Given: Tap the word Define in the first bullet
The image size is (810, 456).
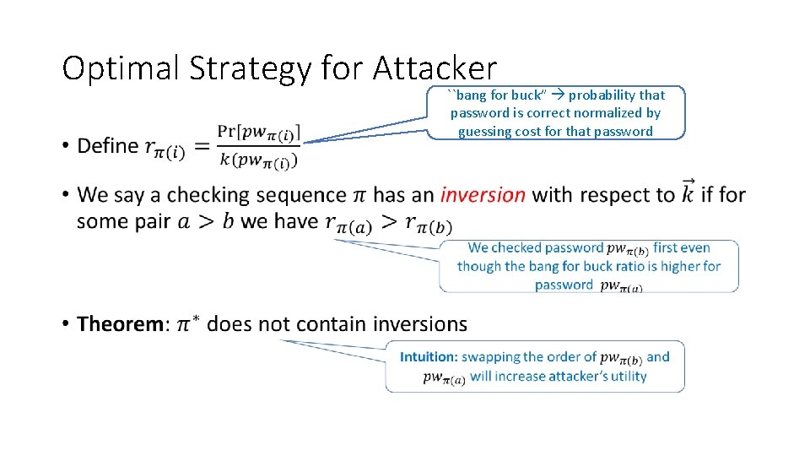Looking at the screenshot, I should pyautogui.click(x=108, y=146).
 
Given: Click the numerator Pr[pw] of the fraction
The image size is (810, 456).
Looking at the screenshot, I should pyautogui.click(x=258, y=132).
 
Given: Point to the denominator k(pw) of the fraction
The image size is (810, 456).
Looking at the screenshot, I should pyautogui.click(x=258, y=160).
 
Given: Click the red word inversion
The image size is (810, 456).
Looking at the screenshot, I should pyautogui.click(x=483, y=195).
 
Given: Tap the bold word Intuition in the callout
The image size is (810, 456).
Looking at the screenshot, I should pyautogui.click(x=429, y=357).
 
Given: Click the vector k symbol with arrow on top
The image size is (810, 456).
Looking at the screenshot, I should pyautogui.click(x=688, y=192).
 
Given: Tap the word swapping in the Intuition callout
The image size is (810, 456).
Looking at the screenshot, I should pyautogui.click(x=491, y=357).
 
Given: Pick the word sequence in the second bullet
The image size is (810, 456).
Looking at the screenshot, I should pyautogui.click(x=299, y=195).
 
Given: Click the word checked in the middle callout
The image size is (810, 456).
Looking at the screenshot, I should pyautogui.click(x=516, y=248).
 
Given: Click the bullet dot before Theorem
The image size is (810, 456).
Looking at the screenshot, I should pyautogui.click(x=65, y=325).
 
